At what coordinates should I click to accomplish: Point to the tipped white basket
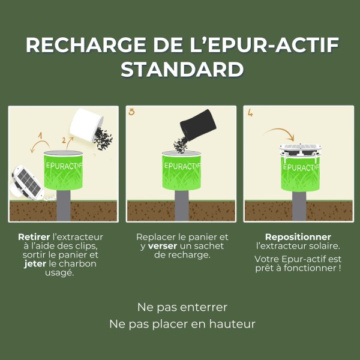tap(84, 124)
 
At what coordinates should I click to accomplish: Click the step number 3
tap(132, 112)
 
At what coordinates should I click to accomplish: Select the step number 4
tap(250, 112)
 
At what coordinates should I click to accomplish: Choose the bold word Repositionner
tap(298, 237)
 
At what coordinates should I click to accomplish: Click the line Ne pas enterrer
tap(182, 307)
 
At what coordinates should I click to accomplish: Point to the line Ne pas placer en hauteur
tap(182, 324)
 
